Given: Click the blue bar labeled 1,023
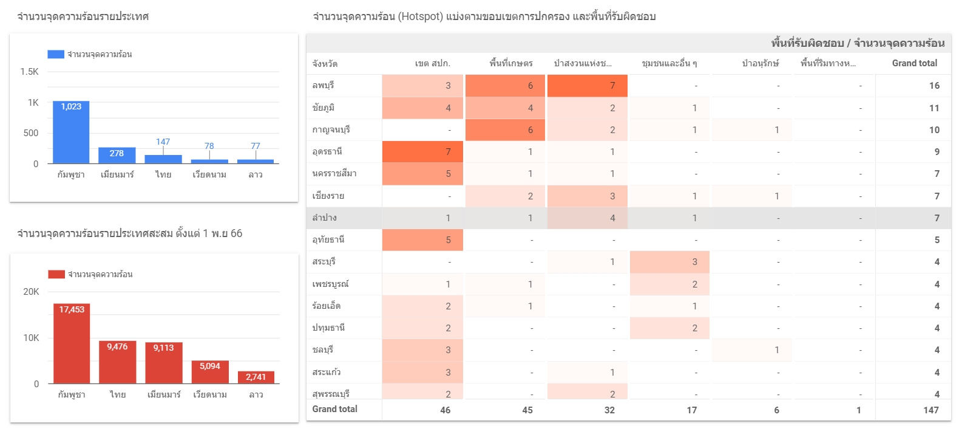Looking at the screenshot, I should pos(71,132).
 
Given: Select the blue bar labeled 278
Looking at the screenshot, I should pos(117,155).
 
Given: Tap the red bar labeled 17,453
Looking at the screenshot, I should pos(72,343).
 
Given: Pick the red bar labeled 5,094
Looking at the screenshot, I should pos(210,372).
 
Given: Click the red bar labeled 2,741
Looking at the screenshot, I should pos(256,377).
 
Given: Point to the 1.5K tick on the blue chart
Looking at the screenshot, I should pos(29,72).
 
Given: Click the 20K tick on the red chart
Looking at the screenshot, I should pos(31,292).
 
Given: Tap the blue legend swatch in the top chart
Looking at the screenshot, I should pos(56,54).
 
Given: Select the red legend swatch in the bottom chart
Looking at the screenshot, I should pos(56,274).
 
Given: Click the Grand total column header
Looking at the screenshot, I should pos(914,63).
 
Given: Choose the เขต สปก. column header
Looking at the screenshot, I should pos(432,63).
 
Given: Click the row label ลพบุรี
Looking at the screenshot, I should pos(323,86).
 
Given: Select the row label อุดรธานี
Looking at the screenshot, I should pos(327,151).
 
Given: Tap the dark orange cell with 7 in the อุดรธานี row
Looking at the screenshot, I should pos(423,151).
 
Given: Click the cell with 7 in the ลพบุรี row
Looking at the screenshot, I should pos(588,86).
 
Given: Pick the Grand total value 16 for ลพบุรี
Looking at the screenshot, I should pos(934,86).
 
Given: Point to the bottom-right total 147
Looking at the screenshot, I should pos(931,410).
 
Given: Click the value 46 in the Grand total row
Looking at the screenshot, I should pos(445,410).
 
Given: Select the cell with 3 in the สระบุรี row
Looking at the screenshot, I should pos(669,262).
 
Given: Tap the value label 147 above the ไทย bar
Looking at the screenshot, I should pos(163,142).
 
